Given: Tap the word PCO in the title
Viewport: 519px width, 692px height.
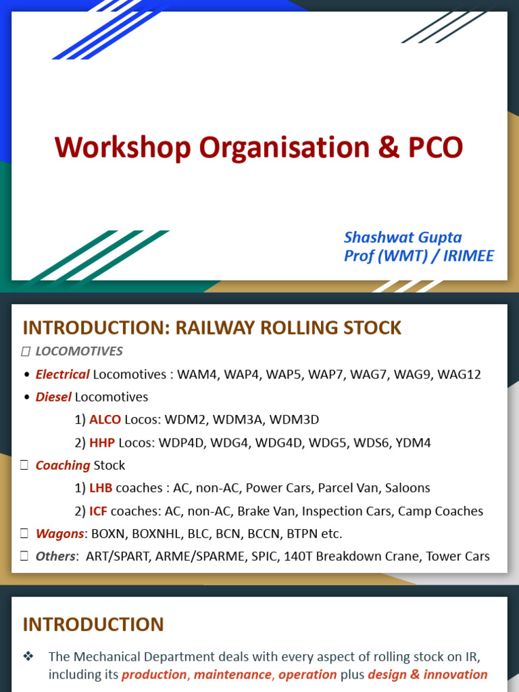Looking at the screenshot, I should coord(434,147).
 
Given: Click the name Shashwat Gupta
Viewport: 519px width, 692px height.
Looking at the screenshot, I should coord(403,237).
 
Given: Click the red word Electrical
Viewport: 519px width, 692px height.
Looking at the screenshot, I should coord(63,374).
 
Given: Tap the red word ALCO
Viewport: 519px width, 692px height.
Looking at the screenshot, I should coord(105,420).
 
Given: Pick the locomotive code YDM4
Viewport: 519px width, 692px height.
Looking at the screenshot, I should coord(412,443).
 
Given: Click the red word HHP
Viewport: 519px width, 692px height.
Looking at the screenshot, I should coord(102,443).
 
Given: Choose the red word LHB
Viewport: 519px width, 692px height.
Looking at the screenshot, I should coord(101,488).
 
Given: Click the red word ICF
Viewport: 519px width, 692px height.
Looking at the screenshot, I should coord(99,511).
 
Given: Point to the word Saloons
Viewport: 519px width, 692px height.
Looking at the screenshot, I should coord(407,488).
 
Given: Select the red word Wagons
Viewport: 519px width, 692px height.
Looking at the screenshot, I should coord(60,534).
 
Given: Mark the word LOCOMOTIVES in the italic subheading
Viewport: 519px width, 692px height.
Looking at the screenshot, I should coord(79,351).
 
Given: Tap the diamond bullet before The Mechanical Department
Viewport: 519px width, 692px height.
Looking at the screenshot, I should coord(28,656).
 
